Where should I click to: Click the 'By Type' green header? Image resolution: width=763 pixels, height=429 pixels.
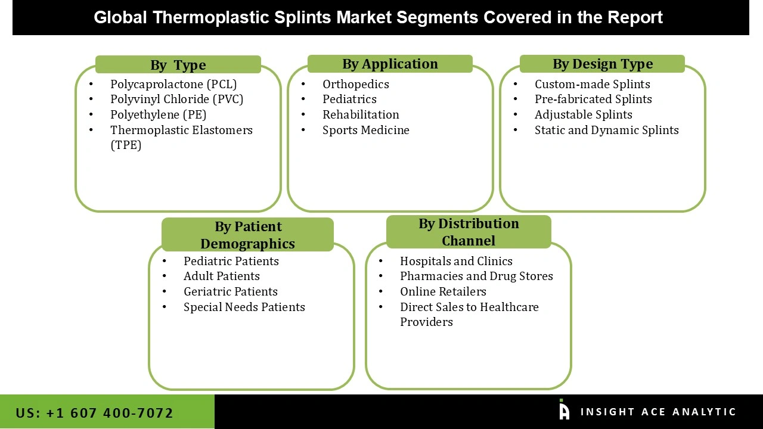click(178, 65)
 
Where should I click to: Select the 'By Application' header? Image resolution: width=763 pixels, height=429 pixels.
click(390, 64)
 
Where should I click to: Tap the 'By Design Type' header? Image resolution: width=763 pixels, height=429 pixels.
click(602, 64)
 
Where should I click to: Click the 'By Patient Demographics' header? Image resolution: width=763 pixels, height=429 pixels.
click(247, 235)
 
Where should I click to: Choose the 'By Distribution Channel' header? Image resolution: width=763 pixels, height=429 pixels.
click(469, 232)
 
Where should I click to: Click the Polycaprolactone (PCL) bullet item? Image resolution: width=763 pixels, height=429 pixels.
click(173, 84)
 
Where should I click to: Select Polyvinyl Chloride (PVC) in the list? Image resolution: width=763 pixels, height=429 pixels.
click(176, 99)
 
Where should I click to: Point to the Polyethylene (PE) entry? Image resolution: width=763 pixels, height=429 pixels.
click(158, 114)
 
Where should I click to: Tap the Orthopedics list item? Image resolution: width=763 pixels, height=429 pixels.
click(355, 84)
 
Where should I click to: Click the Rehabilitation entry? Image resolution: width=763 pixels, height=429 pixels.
click(361, 114)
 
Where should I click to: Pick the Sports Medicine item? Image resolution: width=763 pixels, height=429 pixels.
click(365, 130)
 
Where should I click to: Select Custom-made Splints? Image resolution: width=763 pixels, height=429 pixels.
click(592, 84)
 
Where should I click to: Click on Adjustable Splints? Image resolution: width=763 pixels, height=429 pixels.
click(583, 114)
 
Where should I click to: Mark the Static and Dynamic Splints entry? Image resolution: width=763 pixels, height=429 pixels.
click(606, 130)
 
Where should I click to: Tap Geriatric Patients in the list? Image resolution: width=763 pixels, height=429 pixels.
click(230, 291)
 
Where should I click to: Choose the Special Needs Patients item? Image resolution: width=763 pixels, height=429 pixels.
click(244, 307)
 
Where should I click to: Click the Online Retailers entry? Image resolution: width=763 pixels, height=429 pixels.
click(443, 291)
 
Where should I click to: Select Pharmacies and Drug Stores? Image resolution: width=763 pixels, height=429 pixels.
click(476, 276)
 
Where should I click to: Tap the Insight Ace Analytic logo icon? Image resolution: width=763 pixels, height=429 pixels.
click(564, 411)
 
